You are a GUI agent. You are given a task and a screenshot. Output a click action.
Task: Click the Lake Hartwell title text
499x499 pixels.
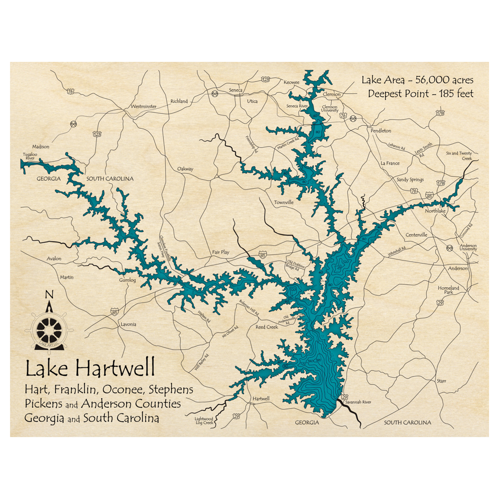(90, 369)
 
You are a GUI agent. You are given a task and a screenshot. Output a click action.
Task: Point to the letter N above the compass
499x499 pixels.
(49, 295)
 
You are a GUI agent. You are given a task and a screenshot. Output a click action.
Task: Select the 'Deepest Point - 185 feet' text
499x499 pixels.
(420, 93)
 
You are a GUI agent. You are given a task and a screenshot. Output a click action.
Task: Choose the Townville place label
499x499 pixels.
(283, 203)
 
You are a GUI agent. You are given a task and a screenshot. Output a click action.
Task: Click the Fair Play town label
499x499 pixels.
(221, 252)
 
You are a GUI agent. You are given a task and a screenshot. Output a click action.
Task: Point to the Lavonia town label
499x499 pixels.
(128, 324)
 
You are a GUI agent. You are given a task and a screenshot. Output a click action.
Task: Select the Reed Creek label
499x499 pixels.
(266, 327)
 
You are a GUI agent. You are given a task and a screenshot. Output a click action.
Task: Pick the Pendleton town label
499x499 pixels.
(381, 130)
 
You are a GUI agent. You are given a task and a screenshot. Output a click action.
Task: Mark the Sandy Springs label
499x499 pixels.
(410, 180)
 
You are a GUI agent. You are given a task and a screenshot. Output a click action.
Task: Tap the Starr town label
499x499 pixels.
(441, 381)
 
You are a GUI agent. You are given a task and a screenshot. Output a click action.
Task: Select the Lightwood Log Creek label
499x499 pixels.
(204, 421)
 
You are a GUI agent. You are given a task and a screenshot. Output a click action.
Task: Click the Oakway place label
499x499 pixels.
(185, 169)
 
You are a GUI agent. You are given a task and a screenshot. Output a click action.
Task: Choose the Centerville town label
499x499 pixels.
(417, 235)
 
